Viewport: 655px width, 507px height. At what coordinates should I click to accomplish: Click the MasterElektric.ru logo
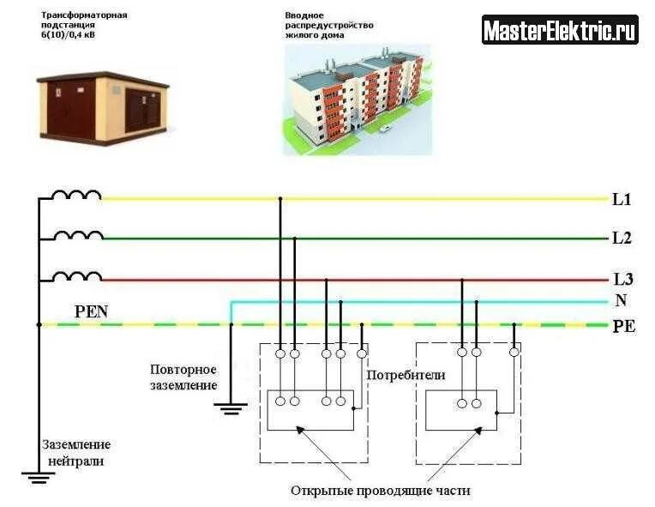point(560,31)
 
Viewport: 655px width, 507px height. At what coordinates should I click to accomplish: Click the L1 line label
point(622,200)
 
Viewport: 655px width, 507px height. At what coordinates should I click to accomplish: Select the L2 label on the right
point(622,238)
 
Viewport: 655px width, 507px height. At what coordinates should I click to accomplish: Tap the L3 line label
point(622,280)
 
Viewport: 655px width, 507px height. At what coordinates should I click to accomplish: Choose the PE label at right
point(623,326)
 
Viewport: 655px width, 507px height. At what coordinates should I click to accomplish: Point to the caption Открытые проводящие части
point(380,491)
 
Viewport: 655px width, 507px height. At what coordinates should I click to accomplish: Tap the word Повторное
point(183,369)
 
